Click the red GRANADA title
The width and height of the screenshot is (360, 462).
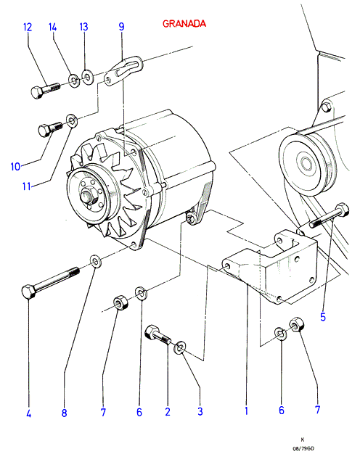(184, 23)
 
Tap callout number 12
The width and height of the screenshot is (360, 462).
(28, 27)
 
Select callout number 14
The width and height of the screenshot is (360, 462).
(52, 27)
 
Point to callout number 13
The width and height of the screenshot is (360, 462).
(83, 27)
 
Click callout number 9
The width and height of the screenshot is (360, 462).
(121, 27)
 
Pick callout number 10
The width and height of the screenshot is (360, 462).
(16, 167)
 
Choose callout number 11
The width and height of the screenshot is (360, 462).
(27, 186)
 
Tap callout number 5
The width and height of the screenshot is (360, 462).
(323, 317)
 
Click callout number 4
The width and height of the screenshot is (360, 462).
(28, 413)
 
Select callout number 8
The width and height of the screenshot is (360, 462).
(65, 413)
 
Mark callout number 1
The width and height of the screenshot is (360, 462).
(247, 411)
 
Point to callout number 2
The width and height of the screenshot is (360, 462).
(168, 412)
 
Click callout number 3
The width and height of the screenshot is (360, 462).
(200, 411)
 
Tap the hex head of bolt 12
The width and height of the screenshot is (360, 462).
(37, 92)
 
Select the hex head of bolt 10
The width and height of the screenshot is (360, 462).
(45, 131)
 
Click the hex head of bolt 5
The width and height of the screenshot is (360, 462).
(343, 210)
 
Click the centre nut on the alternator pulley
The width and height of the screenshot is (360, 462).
(88, 197)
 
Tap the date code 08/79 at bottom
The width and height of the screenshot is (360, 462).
(303, 449)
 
